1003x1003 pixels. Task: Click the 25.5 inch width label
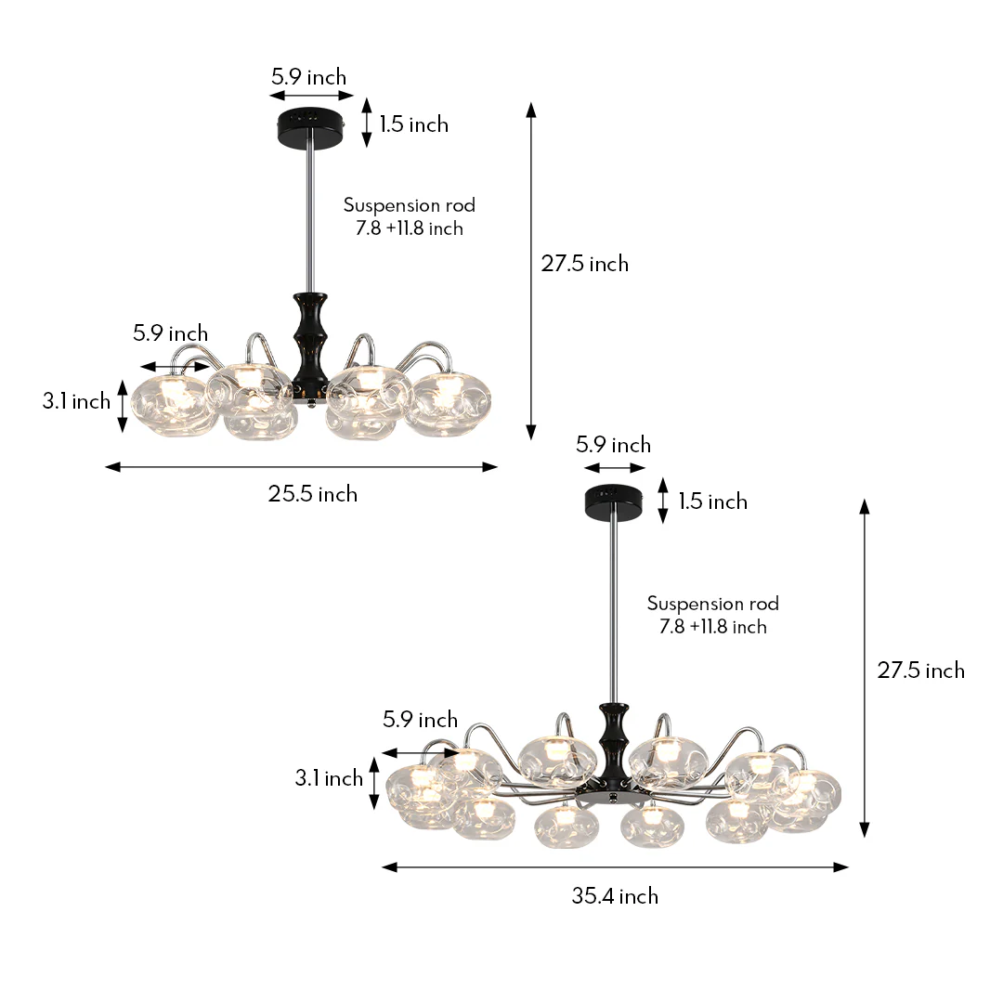(313, 494)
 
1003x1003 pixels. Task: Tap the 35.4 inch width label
(615, 896)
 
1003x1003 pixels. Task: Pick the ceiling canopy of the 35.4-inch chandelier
(615, 501)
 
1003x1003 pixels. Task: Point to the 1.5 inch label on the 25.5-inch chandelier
(413, 124)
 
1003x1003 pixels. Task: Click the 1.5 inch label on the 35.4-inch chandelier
(712, 501)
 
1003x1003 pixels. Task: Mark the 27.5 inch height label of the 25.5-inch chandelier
(585, 264)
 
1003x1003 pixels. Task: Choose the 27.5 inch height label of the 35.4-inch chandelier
(921, 671)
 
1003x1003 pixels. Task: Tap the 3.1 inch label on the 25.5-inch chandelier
(76, 401)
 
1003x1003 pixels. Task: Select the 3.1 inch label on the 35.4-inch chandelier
(329, 778)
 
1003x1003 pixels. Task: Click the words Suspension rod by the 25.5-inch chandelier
(409, 205)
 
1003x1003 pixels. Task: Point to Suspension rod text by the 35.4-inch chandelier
(712, 604)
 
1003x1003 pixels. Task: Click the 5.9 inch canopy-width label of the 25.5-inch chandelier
(308, 77)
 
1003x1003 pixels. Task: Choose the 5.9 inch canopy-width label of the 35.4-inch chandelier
(613, 445)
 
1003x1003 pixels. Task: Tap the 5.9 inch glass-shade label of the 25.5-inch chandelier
(170, 333)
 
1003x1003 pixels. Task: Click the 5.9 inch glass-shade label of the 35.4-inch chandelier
(420, 720)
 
